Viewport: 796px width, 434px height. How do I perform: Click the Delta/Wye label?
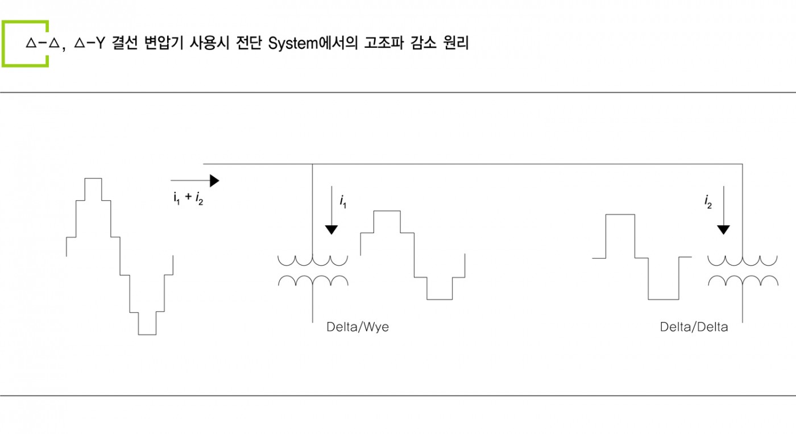pos(358,328)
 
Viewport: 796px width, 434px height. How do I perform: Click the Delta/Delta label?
pos(694,328)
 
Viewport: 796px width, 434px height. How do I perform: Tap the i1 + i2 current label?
pos(188,198)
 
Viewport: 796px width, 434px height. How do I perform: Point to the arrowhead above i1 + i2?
pos(214,180)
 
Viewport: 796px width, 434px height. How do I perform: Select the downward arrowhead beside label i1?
pos(331,230)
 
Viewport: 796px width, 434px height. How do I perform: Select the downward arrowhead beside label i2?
pos(723,230)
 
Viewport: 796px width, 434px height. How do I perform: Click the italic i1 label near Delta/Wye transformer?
pos(343,201)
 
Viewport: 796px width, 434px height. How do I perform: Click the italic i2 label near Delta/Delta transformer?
pos(708,201)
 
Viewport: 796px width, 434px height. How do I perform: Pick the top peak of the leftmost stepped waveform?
pos(93,179)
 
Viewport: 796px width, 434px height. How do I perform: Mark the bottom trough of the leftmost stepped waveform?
pos(147,334)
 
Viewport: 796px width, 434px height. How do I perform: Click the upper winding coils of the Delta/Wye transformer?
pos(312,261)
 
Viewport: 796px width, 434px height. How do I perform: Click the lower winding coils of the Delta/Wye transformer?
pos(313,281)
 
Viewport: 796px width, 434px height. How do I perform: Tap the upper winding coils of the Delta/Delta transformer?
pos(742,261)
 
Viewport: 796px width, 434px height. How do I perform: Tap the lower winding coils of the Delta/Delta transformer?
pos(743,281)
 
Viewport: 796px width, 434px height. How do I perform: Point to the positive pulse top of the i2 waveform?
pos(620,214)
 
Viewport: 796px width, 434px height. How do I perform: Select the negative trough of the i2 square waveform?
pos(663,299)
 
